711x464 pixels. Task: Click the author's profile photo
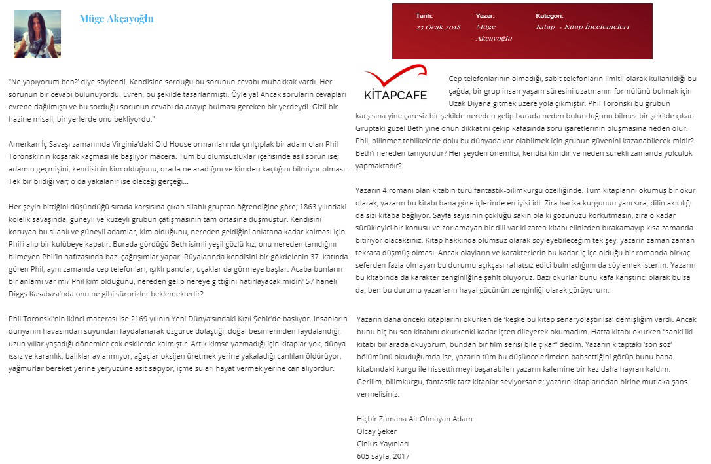[x=37, y=33]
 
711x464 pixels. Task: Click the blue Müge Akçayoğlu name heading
[x=117, y=19]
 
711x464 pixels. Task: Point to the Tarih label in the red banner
[x=424, y=16]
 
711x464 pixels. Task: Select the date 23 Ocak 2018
[x=438, y=27]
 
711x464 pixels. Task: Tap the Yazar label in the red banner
[x=484, y=16]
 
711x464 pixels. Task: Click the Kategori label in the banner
[x=549, y=16]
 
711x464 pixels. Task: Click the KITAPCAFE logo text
[x=395, y=96]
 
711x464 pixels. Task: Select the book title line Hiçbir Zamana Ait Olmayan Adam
[x=414, y=419]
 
